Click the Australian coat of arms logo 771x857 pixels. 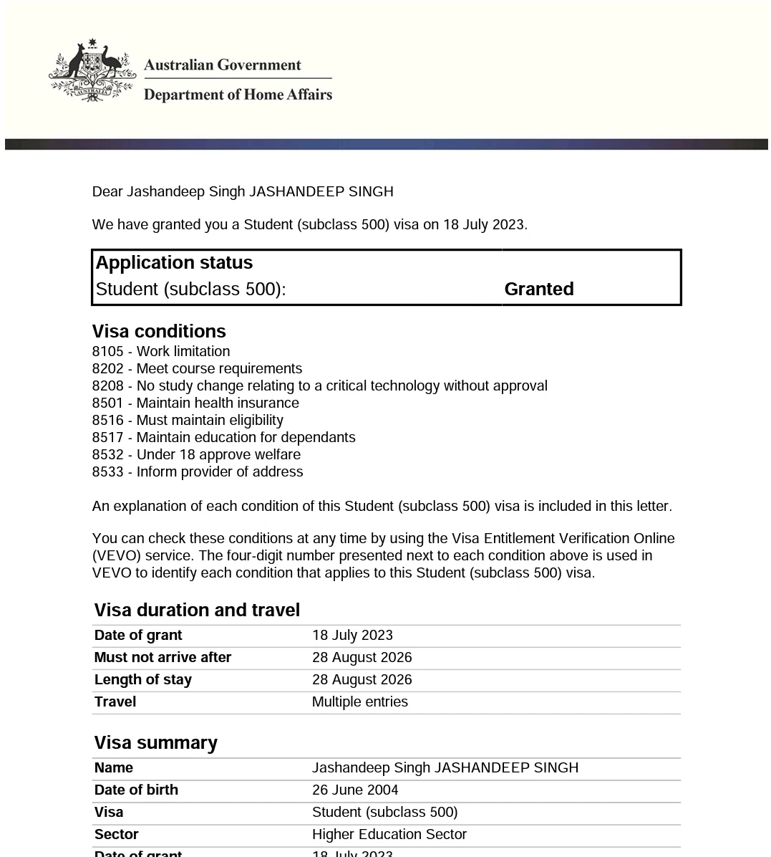92,71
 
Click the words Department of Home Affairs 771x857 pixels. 238,95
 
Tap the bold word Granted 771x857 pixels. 538,289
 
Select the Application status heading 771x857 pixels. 174,263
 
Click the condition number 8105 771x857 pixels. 107,352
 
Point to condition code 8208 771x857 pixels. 107,386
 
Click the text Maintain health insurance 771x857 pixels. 218,403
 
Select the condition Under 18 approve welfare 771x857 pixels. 218,455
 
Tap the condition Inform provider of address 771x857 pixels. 220,472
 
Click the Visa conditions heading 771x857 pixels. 159,331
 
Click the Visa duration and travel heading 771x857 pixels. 197,610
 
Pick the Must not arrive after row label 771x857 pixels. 163,658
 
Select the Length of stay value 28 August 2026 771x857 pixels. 362,680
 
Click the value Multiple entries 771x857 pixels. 359,702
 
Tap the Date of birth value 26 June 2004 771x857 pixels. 355,790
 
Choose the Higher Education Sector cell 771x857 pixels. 389,835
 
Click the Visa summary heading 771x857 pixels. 155,743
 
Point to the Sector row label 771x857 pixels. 116,835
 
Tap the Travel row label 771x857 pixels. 115,702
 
